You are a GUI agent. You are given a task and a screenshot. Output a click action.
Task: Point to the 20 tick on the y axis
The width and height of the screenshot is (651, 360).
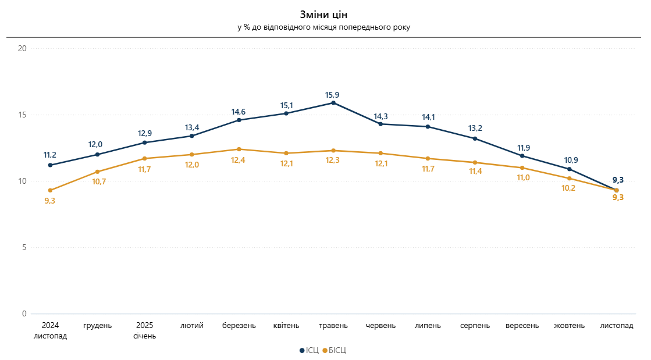coord(23,48)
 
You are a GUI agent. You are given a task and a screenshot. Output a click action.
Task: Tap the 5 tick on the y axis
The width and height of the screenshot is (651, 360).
coord(24,248)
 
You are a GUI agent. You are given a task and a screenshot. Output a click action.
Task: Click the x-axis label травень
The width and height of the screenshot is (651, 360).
coord(333,326)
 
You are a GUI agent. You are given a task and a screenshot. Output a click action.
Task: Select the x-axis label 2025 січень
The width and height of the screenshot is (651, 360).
coord(144,330)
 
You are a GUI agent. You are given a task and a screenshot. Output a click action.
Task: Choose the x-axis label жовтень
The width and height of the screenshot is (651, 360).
coord(570,326)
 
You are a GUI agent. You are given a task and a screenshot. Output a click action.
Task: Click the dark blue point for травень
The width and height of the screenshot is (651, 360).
coord(333,103)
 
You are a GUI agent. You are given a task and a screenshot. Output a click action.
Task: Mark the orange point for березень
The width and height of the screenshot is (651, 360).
coord(239,149)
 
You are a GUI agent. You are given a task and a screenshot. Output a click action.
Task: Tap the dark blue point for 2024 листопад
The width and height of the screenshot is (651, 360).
coord(51,165)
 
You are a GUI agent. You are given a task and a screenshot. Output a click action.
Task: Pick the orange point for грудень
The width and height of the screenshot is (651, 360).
coord(98,172)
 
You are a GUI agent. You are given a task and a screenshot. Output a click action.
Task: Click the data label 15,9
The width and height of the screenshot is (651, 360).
coord(333,94)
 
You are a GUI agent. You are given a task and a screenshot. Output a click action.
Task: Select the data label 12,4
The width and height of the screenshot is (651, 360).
coord(239,160)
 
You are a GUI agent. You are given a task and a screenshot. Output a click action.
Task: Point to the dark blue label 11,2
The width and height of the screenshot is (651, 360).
coord(51,155)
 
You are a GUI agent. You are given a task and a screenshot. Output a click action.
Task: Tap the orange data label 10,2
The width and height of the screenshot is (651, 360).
coord(570,188)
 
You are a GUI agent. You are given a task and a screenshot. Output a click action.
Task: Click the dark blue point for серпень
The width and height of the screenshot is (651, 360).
coord(475,138)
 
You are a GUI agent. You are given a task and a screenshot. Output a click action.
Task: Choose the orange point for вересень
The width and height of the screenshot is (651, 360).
coord(522,168)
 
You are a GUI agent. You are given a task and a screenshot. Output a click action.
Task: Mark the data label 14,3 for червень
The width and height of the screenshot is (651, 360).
coord(380,115)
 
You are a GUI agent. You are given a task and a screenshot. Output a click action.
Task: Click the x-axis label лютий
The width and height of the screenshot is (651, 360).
coord(192,326)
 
